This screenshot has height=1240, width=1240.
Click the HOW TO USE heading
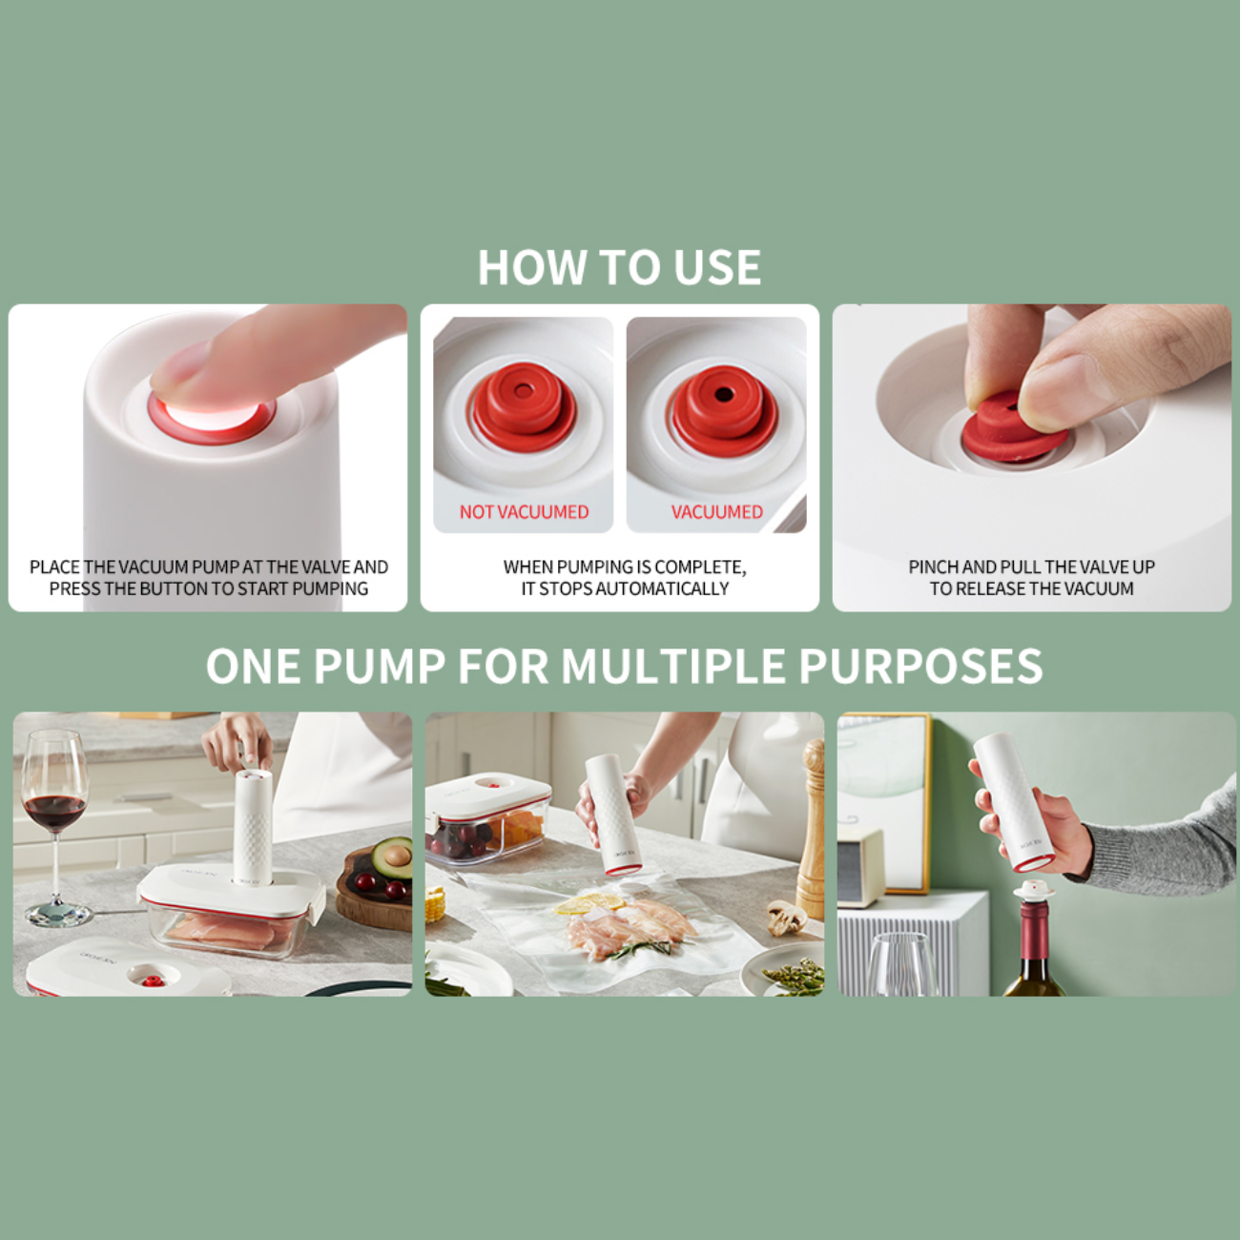point(619,267)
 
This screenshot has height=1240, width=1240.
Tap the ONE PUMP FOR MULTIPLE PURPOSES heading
point(624,666)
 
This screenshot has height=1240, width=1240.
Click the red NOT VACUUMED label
point(524,511)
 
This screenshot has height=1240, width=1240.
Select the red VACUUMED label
point(717,511)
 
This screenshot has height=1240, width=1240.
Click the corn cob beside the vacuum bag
point(435,903)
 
